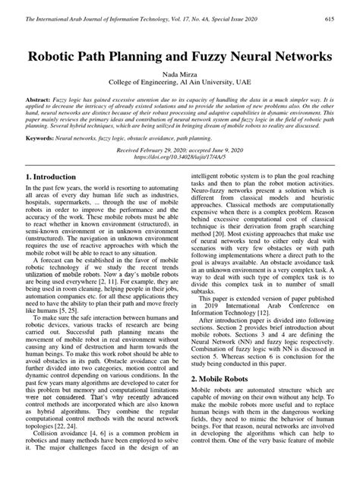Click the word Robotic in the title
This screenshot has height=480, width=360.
click(x=65, y=56)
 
